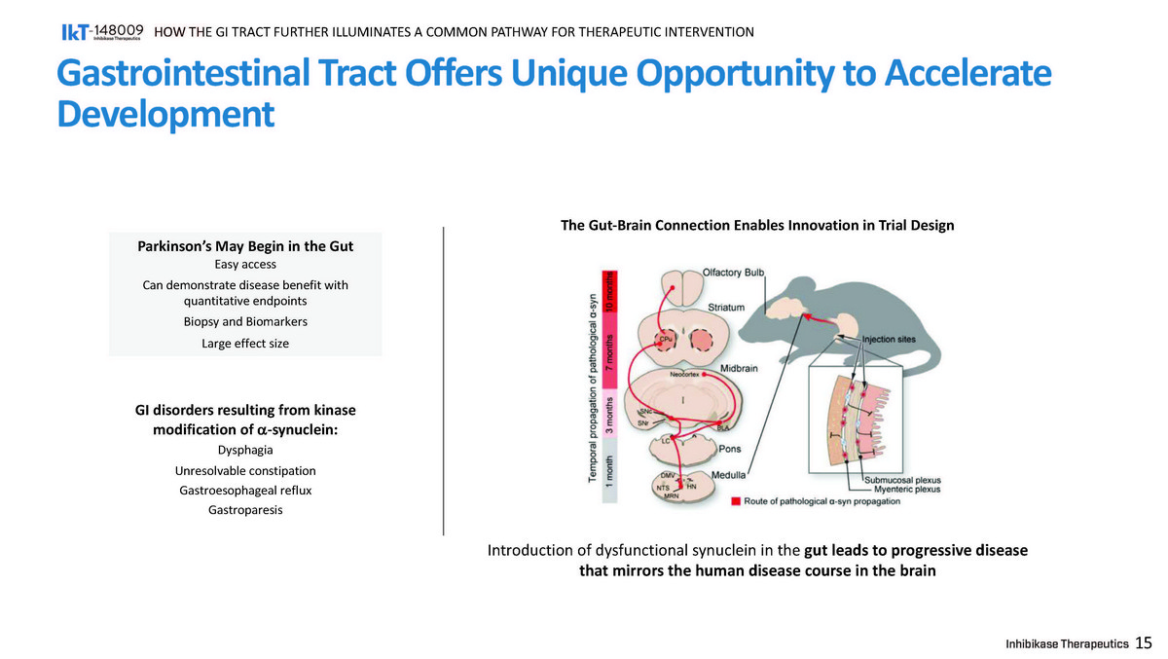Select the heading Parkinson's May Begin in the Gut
click(x=245, y=247)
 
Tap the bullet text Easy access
click(x=245, y=265)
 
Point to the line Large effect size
click(x=245, y=344)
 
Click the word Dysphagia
click(x=246, y=451)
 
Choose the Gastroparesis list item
click(x=246, y=510)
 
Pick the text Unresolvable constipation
click(x=246, y=471)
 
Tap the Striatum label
click(x=726, y=308)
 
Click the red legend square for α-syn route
click(x=736, y=501)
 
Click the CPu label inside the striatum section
click(x=665, y=339)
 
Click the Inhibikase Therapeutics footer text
click(x=1067, y=643)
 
